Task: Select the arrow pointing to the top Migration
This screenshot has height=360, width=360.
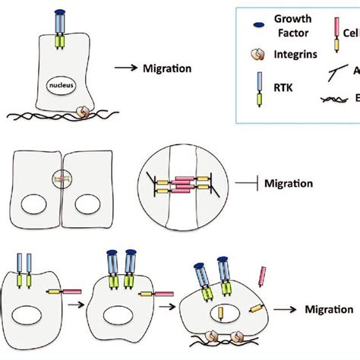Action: pyautogui.click(x=125, y=69)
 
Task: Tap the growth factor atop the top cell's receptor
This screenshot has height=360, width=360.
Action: pyautogui.click(x=62, y=13)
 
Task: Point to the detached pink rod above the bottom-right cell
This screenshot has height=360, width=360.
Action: pyautogui.click(x=263, y=276)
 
